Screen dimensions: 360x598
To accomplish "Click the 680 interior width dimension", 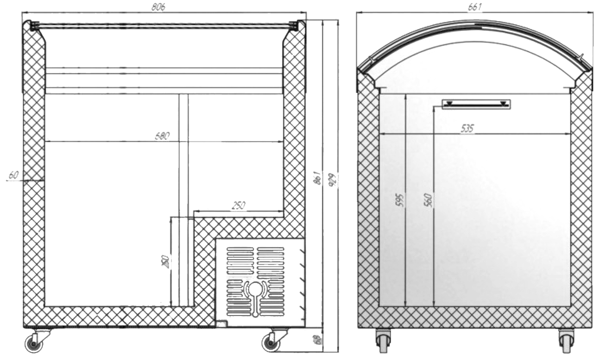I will click(x=162, y=135).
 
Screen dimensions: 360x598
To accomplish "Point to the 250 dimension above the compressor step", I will click(x=239, y=205).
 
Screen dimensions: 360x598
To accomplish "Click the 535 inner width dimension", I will click(x=467, y=129).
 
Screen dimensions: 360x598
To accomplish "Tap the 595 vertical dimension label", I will click(x=399, y=200).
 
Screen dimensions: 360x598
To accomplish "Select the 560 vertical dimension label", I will click(x=429, y=200).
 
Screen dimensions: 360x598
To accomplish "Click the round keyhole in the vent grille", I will click(x=255, y=289).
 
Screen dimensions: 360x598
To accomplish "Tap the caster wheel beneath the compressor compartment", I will click(x=270, y=343).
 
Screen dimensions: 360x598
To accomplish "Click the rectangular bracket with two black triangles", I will click(x=476, y=104).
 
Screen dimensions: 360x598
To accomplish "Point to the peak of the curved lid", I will click(x=474, y=21).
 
